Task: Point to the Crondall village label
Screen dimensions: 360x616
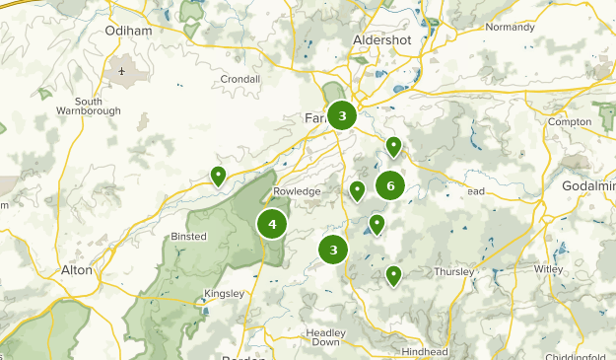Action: (x=240, y=79)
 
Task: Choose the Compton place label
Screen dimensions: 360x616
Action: (x=570, y=122)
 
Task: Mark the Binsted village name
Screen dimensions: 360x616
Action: (x=188, y=236)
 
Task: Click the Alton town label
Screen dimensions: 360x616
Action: (x=77, y=269)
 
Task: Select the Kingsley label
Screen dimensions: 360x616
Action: (x=222, y=294)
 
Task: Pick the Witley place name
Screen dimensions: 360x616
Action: (x=549, y=269)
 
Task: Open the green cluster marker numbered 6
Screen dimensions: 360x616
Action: (x=390, y=185)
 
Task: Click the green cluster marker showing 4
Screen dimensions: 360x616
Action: (x=272, y=224)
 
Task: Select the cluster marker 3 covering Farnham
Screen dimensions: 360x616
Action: (x=342, y=116)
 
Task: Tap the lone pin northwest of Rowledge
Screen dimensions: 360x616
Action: (x=218, y=176)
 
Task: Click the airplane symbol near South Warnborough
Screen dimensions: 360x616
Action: (x=122, y=71)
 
